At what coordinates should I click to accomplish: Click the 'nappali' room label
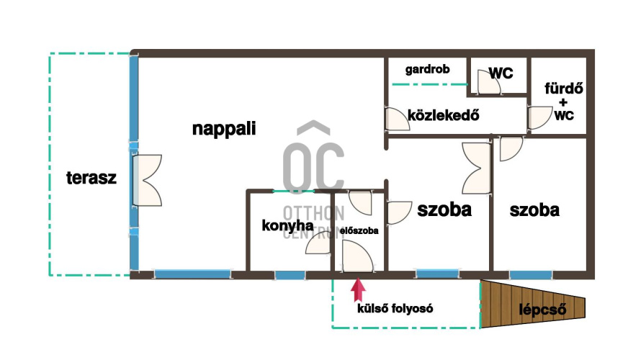click(x=225, y=129)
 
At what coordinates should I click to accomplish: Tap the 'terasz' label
click(x=91, y=178)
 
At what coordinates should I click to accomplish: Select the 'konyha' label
click(x=287, y=225)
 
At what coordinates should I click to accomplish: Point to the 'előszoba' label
click(x=360, y=231)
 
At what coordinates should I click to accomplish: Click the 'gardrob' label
click(x=427, y=70)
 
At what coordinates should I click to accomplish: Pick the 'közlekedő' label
click(x=443, y=115)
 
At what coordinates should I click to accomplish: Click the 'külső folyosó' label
click(x=395, y=309)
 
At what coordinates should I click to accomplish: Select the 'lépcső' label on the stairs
click(x=542, y=310)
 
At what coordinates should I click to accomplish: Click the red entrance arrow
click(x=357, y=290)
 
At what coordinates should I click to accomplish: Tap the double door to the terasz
click(x=148, y=179)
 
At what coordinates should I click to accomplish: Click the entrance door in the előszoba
click(x=356, y=257)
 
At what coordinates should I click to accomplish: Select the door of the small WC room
click(x=488, y=84)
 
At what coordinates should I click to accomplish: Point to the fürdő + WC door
click(x=537, y=117)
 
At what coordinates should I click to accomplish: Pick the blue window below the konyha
click(x=290, y=274)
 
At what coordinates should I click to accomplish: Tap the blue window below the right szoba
click(x=530, y=274)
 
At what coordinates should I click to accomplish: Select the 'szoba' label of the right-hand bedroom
click(x=534, y=210)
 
